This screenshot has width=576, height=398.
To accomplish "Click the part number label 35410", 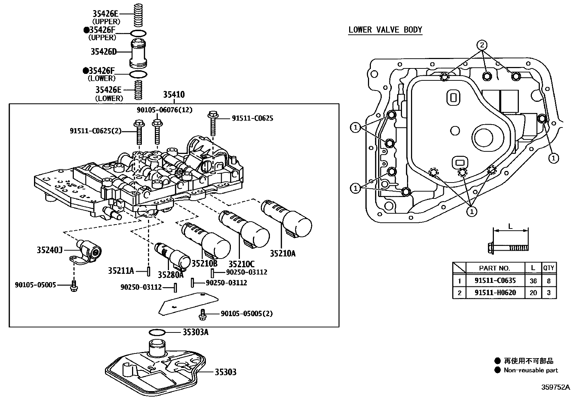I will pyautogui.click(x=174, y=95).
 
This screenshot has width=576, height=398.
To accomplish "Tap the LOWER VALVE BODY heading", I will pyautogui.click(x=385, y=30).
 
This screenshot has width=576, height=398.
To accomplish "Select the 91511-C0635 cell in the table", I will pyautogui.click(x=495, y=280).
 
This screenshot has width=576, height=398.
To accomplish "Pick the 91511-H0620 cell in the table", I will pyautogui.click(x=495, y=293).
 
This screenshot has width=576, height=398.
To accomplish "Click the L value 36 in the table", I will pyautogui.click(x=533, y=280).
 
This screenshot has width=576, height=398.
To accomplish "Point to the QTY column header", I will pyautogui.click(x=549, y=268).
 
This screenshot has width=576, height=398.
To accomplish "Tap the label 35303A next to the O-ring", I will pyautogui.click(x=195, y=332).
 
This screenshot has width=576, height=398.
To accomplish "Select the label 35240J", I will pyautogui.click(x=50, y=250).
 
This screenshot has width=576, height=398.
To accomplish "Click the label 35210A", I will pyautogui.click(x=282, y=254).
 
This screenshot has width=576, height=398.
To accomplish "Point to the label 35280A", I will pyautogui.click(x=171, y=275).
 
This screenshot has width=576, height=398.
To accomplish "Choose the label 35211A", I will pyautogui.click(x=121, y=271).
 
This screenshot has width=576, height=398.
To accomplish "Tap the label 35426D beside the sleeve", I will pyautogui.click(x=103, y=52).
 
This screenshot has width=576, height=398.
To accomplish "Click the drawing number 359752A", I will pyautogui.click(x=555, y=387).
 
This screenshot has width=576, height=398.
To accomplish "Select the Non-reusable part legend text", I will pyautogui.click(x=531, y=370).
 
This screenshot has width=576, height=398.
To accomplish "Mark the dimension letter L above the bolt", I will pyautogui.click(x=511, y=226).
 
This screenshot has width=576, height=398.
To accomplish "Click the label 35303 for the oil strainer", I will pyautogui.click(x=225, y=372).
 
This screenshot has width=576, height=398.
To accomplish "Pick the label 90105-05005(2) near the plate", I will pyautogui.click(x=246, y=313).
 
